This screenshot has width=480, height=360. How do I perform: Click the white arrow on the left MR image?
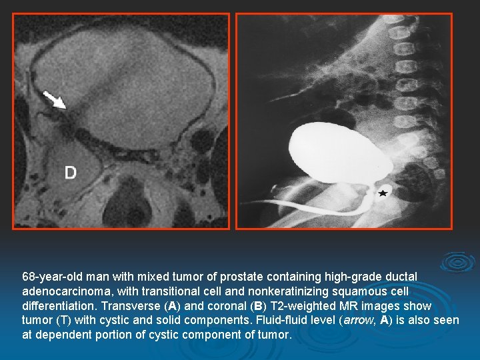point(55,99)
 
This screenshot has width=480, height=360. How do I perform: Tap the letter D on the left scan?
point(71,173)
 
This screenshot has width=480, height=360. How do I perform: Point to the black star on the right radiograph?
point(383,193)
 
